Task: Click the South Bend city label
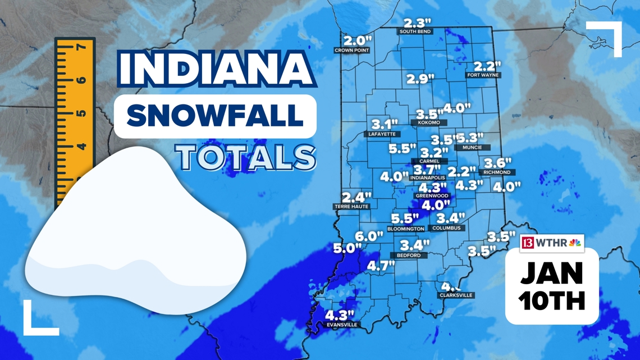(x=415, y=32)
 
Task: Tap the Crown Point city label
(x=351, y=51)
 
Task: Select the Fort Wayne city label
(x=483, y=75)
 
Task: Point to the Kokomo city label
(x=429, y=122)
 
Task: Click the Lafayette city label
(x=383, y=134)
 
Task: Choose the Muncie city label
(x=472, y=148)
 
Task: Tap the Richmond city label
(x=497, y=172)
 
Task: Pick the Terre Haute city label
(x=352, y=207)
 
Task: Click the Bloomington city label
(x=406, y=229)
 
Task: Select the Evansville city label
(x=342, y=325)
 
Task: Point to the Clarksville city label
(x=456, y=295)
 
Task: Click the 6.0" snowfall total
(x=369, y=236)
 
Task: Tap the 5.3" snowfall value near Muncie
(x=470, y=138)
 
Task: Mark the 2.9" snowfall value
(x=420, y=79)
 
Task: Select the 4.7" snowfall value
(x=381, y=266)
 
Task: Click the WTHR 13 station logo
(x=551, y=243)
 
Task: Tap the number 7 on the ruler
(x=80, y=47)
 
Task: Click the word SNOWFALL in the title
(x=215, y=116)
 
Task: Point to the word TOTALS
(x=245, y=157)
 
